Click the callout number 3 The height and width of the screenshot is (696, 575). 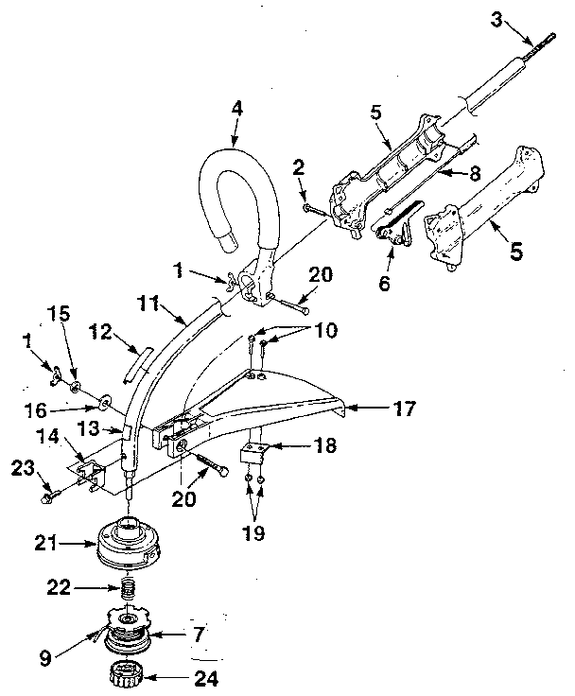[x=497, y=20]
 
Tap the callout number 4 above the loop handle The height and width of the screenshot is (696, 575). [x=237, y=109]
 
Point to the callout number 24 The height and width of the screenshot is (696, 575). [x=206, y=678]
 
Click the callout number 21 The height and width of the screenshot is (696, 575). [x=46, y=543]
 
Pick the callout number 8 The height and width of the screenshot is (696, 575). [x=475, y=174]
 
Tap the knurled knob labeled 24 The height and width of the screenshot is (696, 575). [x=126, y=674]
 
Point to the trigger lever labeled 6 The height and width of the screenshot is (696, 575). [x=396, y=225]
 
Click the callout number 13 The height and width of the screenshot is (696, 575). [x=89, y=429]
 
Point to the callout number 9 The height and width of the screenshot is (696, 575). [x=45, y=658]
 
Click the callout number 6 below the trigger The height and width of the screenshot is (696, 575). [x=385, y=283]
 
